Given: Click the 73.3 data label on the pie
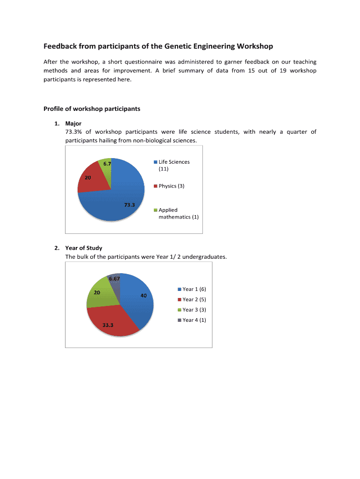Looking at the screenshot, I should pos(130,205).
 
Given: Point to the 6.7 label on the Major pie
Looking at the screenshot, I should pos(107,164).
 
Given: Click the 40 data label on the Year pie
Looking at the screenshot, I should pos(144,296).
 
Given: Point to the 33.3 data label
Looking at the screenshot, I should pos(108,325).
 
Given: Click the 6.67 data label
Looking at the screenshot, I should pos(115,279).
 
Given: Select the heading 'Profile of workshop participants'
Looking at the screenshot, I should pos(92,109).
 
